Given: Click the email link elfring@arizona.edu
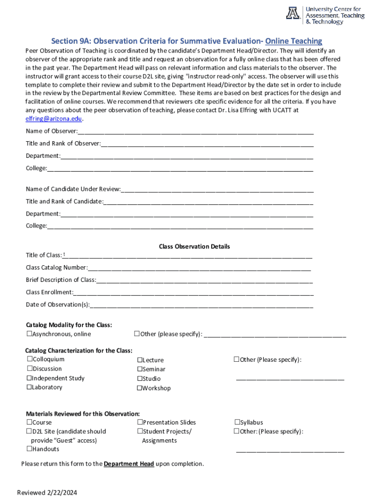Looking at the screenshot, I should coord(54,119).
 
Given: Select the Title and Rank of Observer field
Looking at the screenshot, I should coord(207,144).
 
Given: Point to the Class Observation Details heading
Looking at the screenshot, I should coord(194,247).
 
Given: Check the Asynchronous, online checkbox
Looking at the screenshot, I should coord(29,334).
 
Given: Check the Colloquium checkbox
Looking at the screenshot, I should coord(29,359).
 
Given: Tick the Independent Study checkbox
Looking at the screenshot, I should coord(29,378).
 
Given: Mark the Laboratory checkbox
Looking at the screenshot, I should coord(29,387).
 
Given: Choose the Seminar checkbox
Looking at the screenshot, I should coord(139,369).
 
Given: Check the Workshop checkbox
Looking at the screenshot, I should coord(139,388).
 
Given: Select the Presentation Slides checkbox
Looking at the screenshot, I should coord(139,422).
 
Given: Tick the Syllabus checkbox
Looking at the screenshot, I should coord(237,422).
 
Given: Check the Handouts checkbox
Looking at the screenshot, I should coord(29,449).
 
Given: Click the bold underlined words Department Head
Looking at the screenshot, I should coord(129,464).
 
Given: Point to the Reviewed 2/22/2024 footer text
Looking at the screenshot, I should coord(47,493).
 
